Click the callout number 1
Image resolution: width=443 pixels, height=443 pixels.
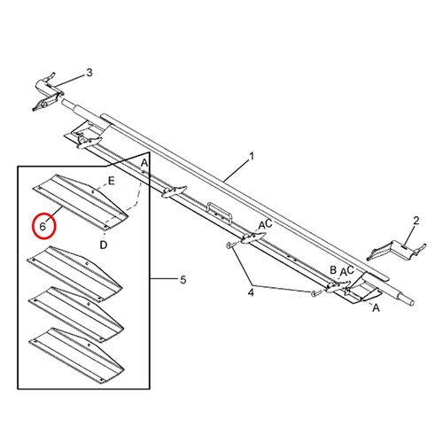click(252, 156)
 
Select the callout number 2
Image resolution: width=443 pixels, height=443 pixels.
click(416, 221)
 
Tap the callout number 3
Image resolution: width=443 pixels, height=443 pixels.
click(89, 73)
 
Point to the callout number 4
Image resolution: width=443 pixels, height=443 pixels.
click(251, 293)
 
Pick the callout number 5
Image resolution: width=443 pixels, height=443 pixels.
click(183, 280)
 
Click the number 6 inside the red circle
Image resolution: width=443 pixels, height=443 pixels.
click(43, 227)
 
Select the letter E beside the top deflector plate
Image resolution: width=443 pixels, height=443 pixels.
click(111, 181)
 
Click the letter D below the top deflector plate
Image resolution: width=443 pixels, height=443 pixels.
click(104, 245)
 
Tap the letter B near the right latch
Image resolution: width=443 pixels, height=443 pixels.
click(333, 269)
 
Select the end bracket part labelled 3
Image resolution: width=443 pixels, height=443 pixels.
click(47, 91)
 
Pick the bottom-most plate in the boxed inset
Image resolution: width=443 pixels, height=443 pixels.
click(76, 354)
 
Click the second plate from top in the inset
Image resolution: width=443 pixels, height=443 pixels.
click(74, 272)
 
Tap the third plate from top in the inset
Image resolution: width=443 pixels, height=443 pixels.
click(76, 314)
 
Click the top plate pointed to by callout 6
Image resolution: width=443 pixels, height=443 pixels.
click(80, 201)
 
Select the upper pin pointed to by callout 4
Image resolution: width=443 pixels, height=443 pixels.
click(229, 245)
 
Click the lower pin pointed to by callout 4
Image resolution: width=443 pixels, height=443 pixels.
click(315, 292)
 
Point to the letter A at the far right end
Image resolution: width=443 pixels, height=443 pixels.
click(376, 308)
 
